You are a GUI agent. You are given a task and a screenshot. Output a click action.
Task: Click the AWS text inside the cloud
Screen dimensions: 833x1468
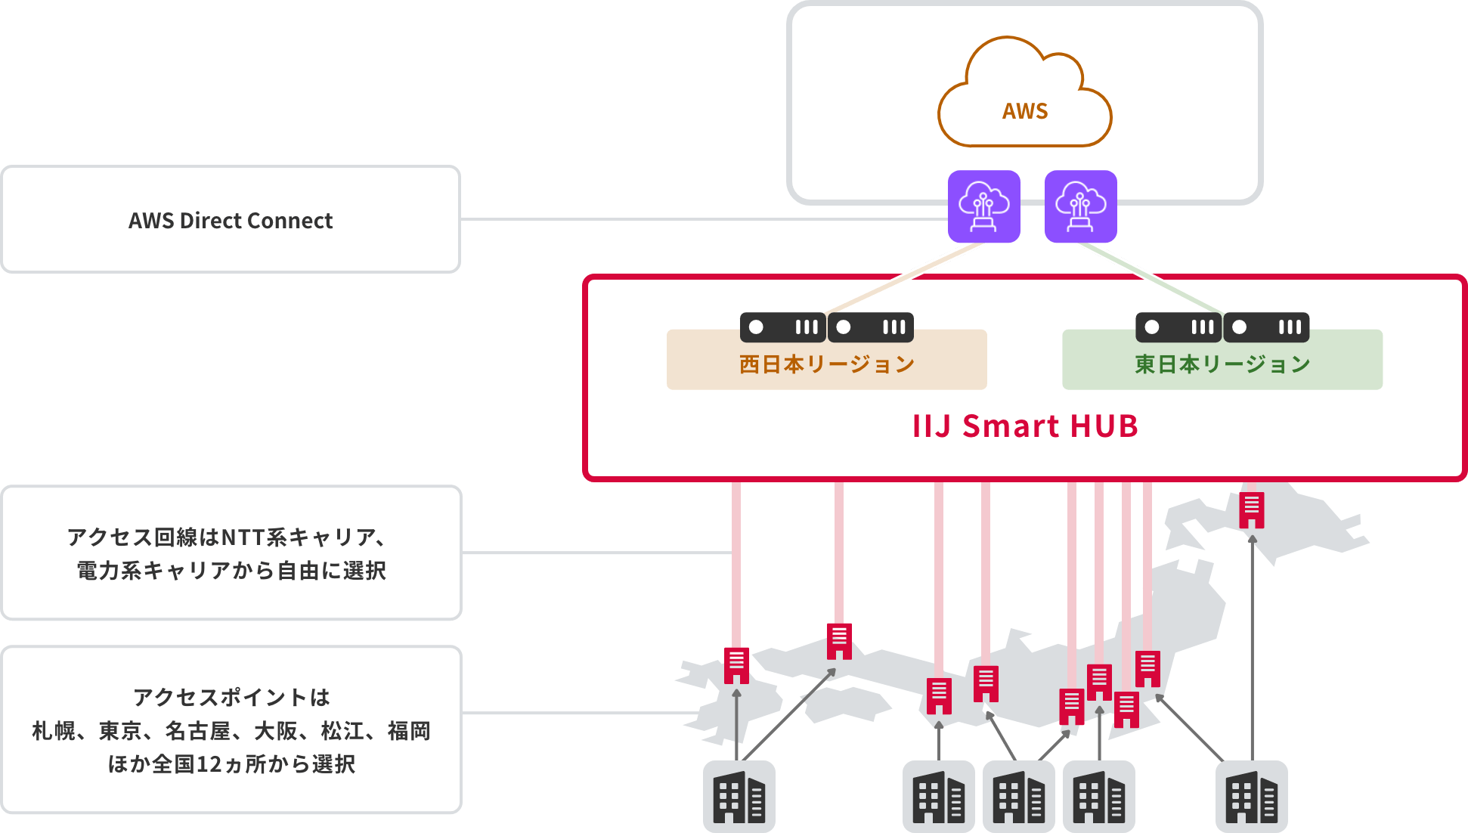click(x=1025, y=111)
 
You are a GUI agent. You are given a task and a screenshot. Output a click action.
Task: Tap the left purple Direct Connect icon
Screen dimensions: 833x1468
click(x=984, y=206)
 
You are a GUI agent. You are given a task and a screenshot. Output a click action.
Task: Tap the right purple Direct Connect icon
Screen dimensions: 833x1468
click(x=1081, y=206)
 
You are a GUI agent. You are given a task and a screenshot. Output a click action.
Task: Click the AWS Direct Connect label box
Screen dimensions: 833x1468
click(x=231, y=220)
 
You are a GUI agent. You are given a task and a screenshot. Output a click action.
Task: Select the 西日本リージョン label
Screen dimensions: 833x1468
click(x=826, y=364)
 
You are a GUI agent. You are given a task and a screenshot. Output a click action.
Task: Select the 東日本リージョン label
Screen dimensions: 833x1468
click(x=1222, y=364)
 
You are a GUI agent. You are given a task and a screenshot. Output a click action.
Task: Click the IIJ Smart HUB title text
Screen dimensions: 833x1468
click(x=1025, y=426)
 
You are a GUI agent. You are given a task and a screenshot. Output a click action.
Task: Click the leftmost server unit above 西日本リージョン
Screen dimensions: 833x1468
click(x=782, y=327)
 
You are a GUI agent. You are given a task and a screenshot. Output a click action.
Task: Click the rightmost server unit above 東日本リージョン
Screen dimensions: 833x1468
click(x=1266, y=327)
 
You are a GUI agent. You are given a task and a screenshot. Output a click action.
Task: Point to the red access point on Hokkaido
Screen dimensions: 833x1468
click(x=1252, y=510)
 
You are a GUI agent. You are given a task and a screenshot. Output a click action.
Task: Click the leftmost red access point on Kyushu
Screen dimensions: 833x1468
click(x=736, y=665)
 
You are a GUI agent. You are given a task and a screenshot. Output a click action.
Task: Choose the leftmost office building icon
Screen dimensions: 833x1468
click(x=739, y=797)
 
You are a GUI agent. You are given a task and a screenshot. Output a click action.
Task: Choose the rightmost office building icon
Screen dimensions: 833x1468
click(x=1251, y=797)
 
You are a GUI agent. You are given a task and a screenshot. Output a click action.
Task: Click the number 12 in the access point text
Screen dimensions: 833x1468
click(x=209, y=764)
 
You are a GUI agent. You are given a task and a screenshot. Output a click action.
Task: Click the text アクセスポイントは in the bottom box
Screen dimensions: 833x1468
click(x=231, y=697)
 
